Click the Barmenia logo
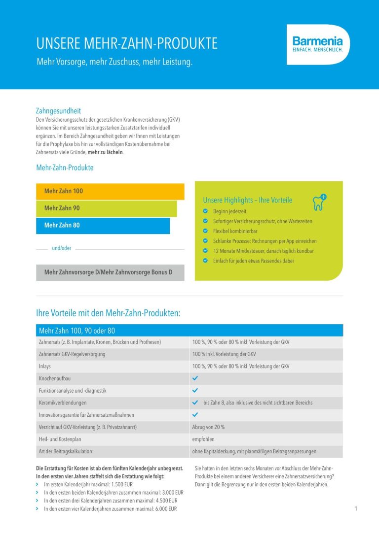pyautogui.click(x=317, y=44)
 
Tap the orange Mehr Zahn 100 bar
pyautogui.click(x=110, y=191)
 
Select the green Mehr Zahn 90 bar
pyautogui.click(x=106, y=208)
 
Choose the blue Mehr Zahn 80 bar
pyautogui.click(x=103, y=226)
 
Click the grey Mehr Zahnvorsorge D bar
pyautogui.click(x=110, y=272)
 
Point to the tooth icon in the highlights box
pyautogui.click(x=319, y=202)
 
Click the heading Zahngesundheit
pyautogui.click(x=58, y=111)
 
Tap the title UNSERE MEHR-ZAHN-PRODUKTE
pyautogui.click(x=127, y=44)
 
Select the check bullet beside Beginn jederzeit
pyautogui.click(x=205, y=211)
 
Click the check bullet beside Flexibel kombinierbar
pyautogui.click(x=205, y=231)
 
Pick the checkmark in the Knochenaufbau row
pyautogui.click(x=195, y=378)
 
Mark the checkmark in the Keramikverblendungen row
pyautogui.click(x=195, y=402)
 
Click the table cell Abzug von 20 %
pyautogui.click(x=208, y=427)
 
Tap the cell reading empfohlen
pyautogui.click(x=203, y=439)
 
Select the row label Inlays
pyautogui.click(x=45, y=367)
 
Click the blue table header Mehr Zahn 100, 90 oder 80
pyautogui.click(x=76, y=331)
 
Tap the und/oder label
pyautogui.click(x=62, y=248)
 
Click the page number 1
pyautogui.click(x=355, y=509)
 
